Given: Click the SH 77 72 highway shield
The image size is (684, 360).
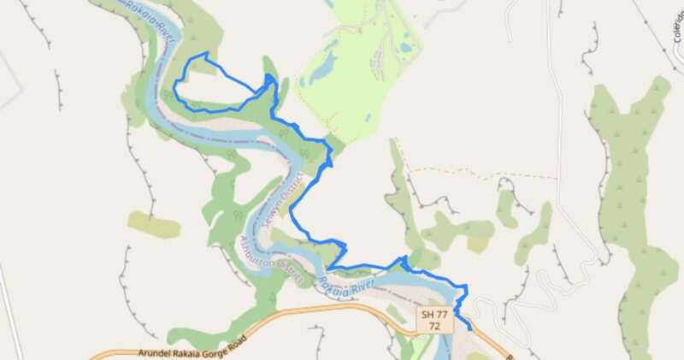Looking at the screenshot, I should pyautogui.click(x=434, y=321).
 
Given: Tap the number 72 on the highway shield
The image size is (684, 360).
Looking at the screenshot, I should pyautogui.click(x=434, y=327).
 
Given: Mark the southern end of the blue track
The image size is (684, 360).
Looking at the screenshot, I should pyautogui.click(x=470, y=330).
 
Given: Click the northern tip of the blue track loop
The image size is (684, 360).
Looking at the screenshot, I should pyautogui.click(x=205, y=55).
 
